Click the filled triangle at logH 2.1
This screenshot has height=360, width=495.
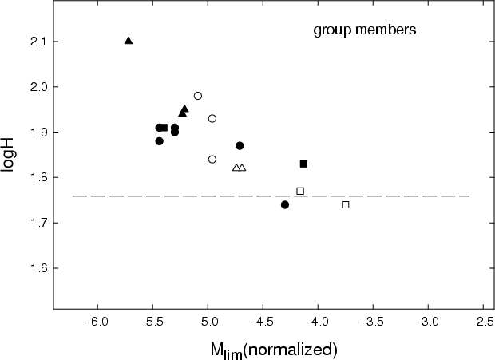(129, 41)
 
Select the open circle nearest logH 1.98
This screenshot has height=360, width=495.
(198, 96)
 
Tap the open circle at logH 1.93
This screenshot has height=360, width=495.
(212, 119)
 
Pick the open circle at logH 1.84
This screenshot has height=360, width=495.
(212, 160)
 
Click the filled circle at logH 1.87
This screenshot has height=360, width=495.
(240, 146)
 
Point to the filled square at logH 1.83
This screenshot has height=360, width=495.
(303, 164)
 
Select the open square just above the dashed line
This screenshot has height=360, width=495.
(300, 191)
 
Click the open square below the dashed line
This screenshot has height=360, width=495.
(346, 205)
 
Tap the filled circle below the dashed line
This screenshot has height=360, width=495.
(285, 205)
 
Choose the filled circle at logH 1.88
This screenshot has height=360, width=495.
(160, 141)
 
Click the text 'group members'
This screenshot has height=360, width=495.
(365, 30)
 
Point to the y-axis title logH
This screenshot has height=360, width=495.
(7, 155)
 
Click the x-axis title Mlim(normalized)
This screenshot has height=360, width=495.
(274, 350)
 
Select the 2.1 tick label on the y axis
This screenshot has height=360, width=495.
(38, 42)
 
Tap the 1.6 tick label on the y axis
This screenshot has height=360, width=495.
(38, 268)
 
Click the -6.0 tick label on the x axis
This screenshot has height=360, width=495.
(97, 322)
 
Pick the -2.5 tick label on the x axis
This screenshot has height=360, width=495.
(483, 322)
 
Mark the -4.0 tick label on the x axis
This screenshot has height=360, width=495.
(318, 322)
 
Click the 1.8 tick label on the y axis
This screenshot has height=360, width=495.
(38, 177)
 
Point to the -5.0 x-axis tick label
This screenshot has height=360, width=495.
(208, 322)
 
